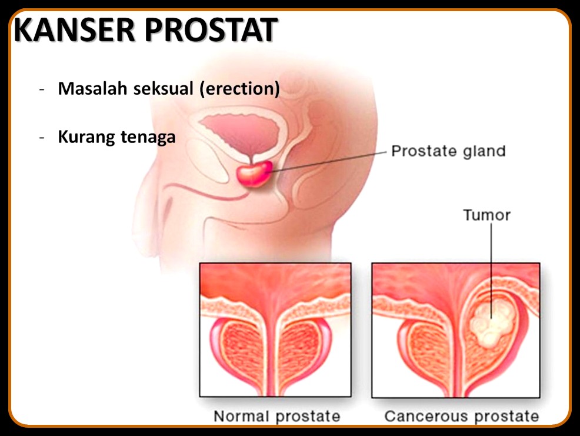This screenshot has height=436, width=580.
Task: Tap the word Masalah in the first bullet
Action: [92, 88]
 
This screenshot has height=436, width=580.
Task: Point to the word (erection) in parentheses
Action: [239, 89]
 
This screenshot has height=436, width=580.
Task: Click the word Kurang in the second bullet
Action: [87, 137]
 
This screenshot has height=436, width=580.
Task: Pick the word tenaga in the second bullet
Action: [148, 137]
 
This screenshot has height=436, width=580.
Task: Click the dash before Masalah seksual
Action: [42, 90]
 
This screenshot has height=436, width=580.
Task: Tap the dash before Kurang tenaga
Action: [42, 138]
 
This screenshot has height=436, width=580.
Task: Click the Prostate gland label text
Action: [448, 151]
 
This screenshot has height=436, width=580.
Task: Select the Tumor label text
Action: [487, 215]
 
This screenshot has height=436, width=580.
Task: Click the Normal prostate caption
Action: [276, 416]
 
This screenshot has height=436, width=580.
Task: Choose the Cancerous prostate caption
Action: [462, 416]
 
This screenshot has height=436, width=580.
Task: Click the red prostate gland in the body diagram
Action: [255, 174]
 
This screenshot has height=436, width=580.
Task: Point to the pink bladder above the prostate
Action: [241, 133]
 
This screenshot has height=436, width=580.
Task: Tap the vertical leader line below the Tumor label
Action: [491, 271]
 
